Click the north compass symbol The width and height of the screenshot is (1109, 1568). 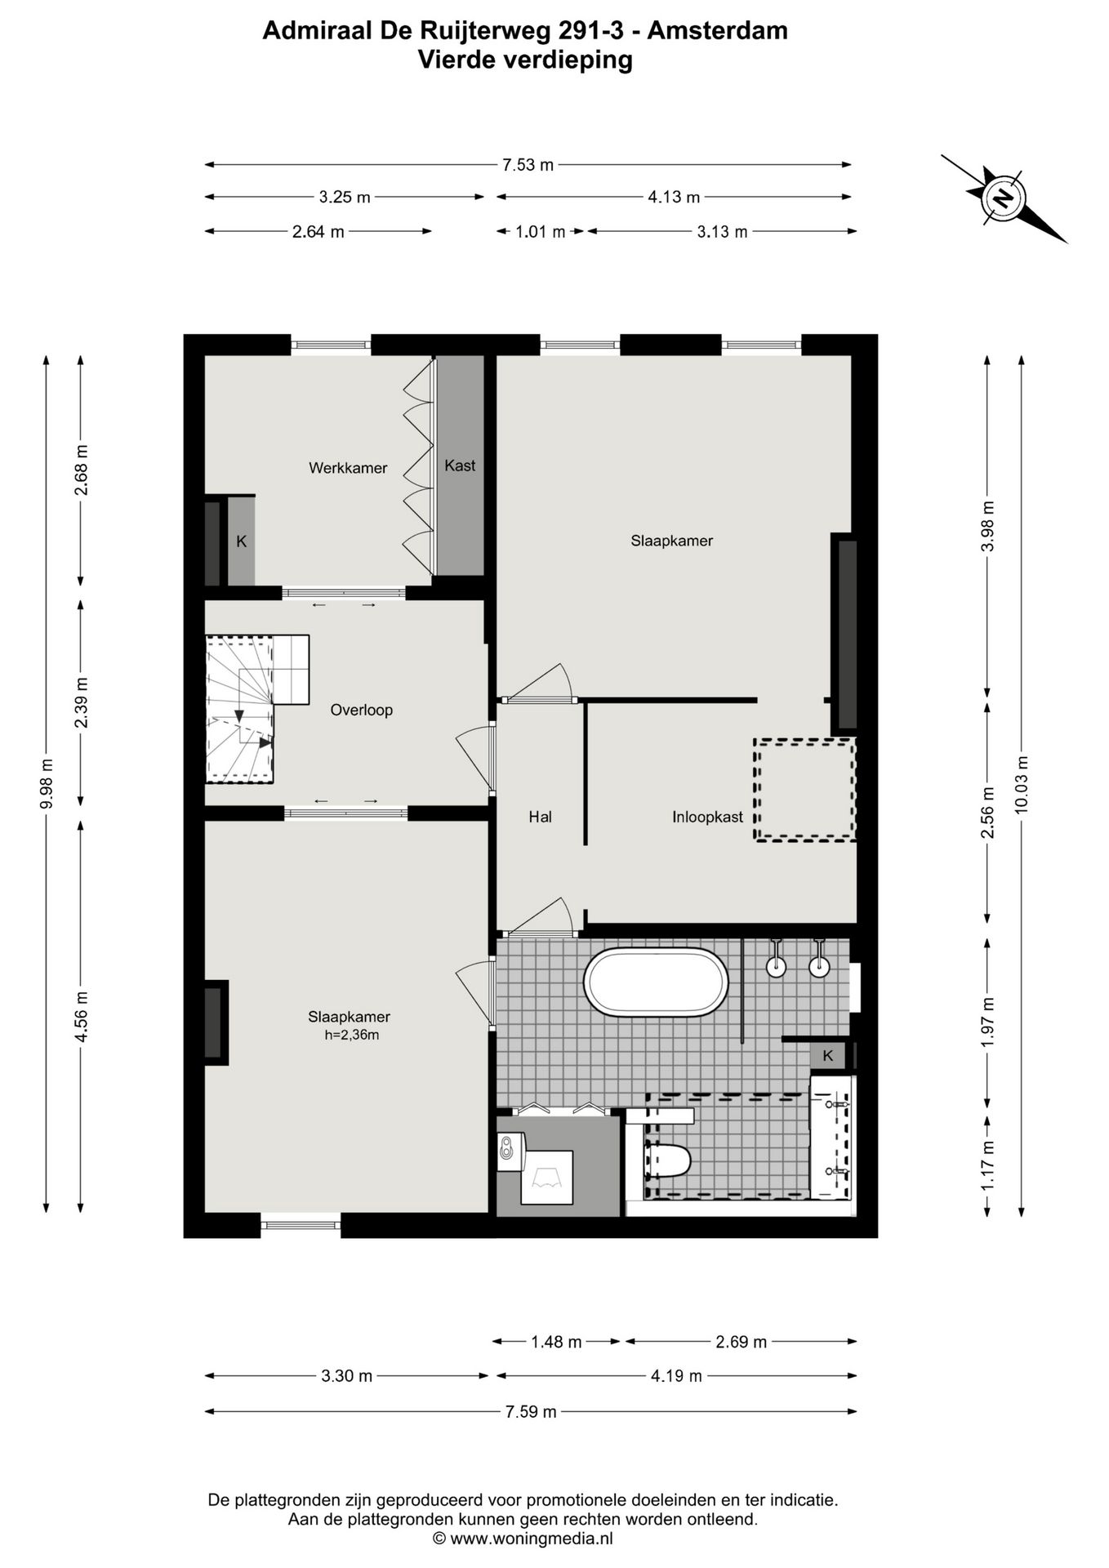1004,198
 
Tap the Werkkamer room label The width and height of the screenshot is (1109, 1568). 348,468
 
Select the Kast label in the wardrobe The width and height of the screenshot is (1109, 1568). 460,465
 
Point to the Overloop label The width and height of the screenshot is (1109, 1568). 361,710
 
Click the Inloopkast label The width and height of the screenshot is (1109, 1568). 707,817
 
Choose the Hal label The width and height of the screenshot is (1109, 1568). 540,817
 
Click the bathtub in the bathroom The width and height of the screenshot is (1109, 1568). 656,982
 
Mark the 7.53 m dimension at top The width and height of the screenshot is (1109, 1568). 528,165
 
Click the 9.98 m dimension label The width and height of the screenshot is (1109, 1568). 47,783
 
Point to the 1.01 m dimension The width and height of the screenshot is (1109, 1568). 540,232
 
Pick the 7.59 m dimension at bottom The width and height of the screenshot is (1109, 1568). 531,1412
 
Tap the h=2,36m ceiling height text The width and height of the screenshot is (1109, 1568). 352,1036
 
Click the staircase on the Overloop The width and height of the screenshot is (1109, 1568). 256,708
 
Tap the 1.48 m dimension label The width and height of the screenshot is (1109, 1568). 556,1342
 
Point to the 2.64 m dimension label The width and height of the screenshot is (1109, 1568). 318,232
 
